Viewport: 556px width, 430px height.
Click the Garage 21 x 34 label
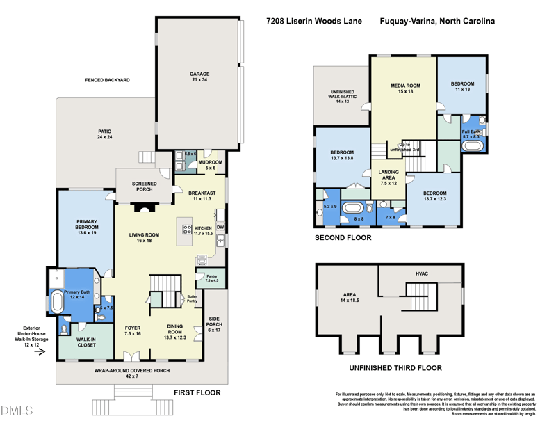(199, 77)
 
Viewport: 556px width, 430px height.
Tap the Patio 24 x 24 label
(104, 134)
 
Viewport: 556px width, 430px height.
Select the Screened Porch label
(144, 186)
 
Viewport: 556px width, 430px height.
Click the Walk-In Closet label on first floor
(86, 342)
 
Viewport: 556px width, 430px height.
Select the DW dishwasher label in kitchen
(220, 227)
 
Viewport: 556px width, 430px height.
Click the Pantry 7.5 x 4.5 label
(212, 278)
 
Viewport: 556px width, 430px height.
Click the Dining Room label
(175, 333)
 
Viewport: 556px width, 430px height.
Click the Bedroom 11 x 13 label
(463, 86)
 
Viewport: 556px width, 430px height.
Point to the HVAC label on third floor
(421, 273)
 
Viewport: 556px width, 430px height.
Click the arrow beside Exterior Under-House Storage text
(40, 351)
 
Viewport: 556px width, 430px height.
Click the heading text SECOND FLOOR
(343, 238)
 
